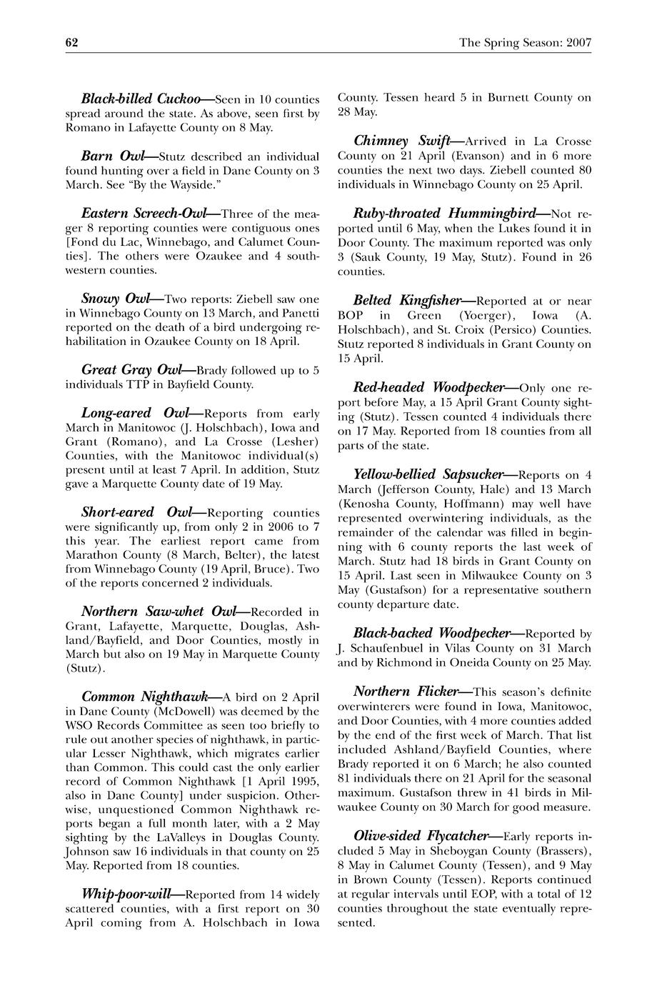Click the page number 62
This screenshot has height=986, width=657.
pos(71,43)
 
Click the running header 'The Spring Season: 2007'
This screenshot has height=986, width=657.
pos(525,43)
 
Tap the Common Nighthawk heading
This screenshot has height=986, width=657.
pos(145,697)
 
